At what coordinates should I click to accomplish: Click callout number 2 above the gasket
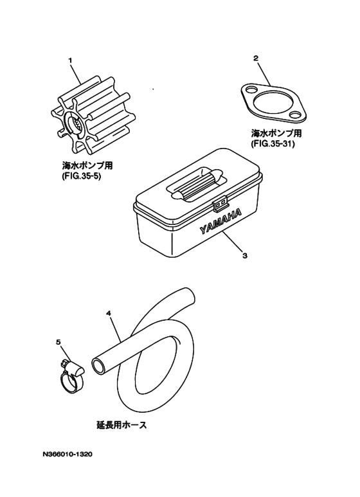[x=256, y=59]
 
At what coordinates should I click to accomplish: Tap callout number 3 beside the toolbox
[x=245, y=255]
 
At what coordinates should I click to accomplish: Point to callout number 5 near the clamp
[x=58, y=342]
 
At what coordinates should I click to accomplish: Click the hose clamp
[x=72, y=380]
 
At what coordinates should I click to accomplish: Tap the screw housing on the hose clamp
[x=73, y=368]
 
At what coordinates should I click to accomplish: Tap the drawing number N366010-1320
[x=68, y=454]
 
